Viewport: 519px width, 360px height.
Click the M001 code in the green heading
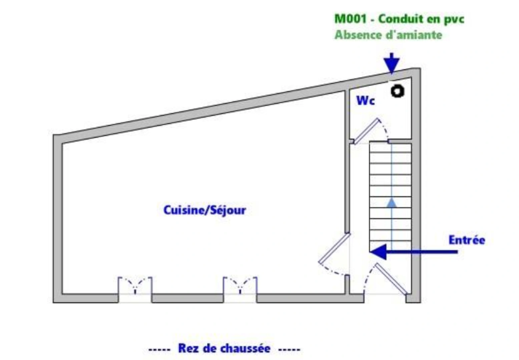pos(351,19)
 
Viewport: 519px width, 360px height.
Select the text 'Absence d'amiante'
pos(388,35)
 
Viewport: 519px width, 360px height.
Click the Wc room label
pos(366,101)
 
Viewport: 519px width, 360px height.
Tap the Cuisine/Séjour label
pos(204,210)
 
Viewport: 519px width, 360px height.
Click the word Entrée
pos(467,240)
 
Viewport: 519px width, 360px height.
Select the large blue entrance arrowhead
pos(378,251)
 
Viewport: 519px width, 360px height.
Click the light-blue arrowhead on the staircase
pos(392,202)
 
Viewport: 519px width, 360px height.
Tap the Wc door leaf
pos(366,131)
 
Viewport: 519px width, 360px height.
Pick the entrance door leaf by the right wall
pos(391,279)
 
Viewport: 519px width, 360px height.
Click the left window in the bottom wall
pos(135,290)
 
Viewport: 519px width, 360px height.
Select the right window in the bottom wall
pos(240,290)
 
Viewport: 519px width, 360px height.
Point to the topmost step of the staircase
pos(390,148)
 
